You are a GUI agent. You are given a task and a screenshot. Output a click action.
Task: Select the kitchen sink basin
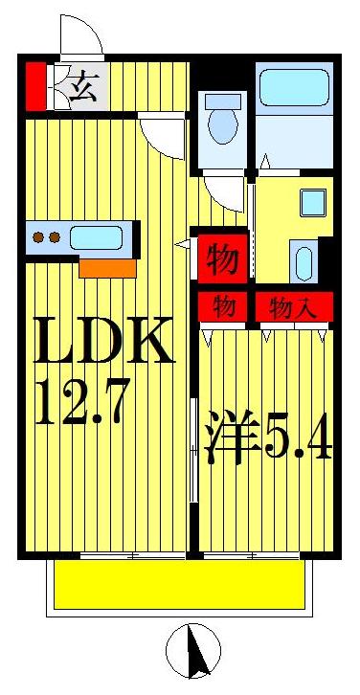click(95, 237)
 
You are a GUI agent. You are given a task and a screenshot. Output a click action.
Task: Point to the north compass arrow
click(200, 656)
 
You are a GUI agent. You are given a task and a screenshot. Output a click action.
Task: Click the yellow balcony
click(180, 584)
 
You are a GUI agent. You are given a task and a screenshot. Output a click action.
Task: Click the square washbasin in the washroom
click(313, 204)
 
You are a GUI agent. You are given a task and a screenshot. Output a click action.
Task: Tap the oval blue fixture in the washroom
click(302, 261)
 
